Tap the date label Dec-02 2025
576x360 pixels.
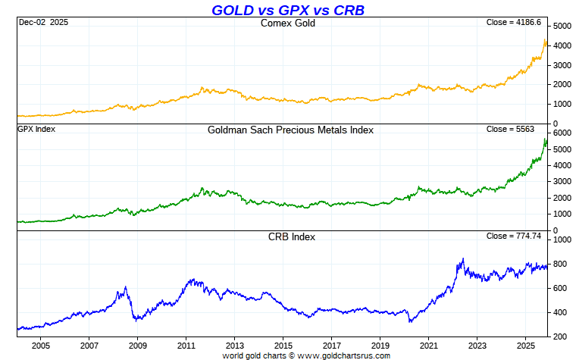[42, 23]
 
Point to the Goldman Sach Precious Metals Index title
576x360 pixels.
[290, 130]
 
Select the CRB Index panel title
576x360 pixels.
[292, 236]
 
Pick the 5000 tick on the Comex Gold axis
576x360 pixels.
[562, 27]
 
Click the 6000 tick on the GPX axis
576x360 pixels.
[562, 133]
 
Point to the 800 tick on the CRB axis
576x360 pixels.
[560, 264]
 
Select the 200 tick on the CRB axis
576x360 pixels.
[560, 337]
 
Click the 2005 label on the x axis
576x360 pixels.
[40, 346]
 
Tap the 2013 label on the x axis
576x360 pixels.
[234, 346]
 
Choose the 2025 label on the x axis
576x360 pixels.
[526, 346]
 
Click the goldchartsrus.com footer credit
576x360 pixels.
[306, 355]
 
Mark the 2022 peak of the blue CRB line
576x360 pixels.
[462, 259]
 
